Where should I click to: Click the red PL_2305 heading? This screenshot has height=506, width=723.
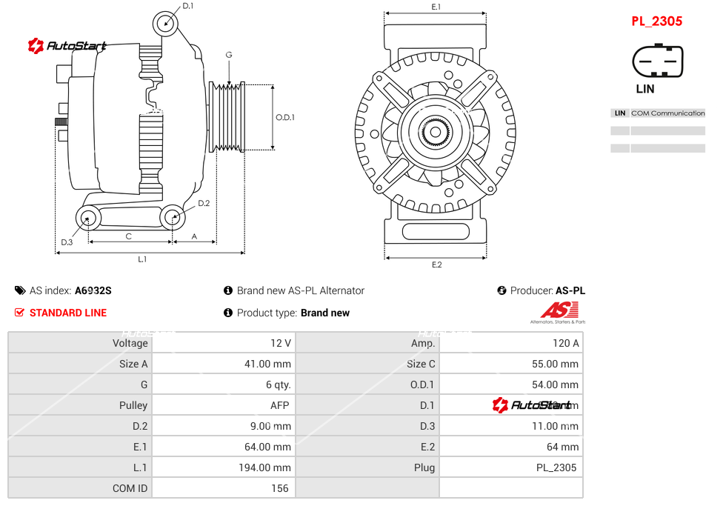[656, 21]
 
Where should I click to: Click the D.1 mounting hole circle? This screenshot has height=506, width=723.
[167, 24]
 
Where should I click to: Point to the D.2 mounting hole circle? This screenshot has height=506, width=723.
[173, 218]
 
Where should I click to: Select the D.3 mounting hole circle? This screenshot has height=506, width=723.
[89, 219]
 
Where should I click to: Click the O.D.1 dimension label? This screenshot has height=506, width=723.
[285, 117]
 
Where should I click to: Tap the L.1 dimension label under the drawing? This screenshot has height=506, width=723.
[142, 259]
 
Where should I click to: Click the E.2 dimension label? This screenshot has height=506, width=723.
[436, 264]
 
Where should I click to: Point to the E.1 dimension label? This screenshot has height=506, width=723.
[436, 7]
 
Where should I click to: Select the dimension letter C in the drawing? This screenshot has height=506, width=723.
[129, 236]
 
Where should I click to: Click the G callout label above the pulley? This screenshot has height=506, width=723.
[229, 56]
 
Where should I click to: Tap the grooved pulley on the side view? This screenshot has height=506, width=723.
[228, 117]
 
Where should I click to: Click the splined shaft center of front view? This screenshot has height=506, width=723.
[436, 133]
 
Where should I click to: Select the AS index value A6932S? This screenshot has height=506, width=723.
[93, 291]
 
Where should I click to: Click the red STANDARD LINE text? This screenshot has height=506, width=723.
[68, 313]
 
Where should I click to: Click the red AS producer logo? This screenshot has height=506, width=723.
[558, 311]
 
